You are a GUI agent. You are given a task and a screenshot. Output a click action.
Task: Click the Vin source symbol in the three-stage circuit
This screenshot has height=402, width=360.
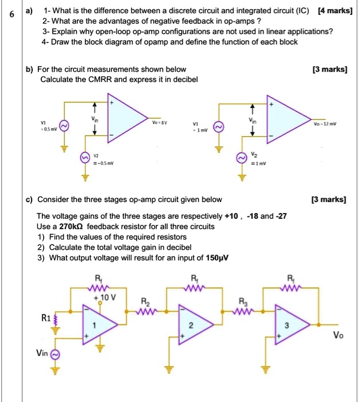tap(57, 355)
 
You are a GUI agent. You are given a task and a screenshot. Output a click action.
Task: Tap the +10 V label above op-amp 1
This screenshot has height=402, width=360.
tap(106, 297)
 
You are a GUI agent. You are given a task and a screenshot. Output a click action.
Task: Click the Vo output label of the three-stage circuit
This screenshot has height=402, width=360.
tap(338, 336)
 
